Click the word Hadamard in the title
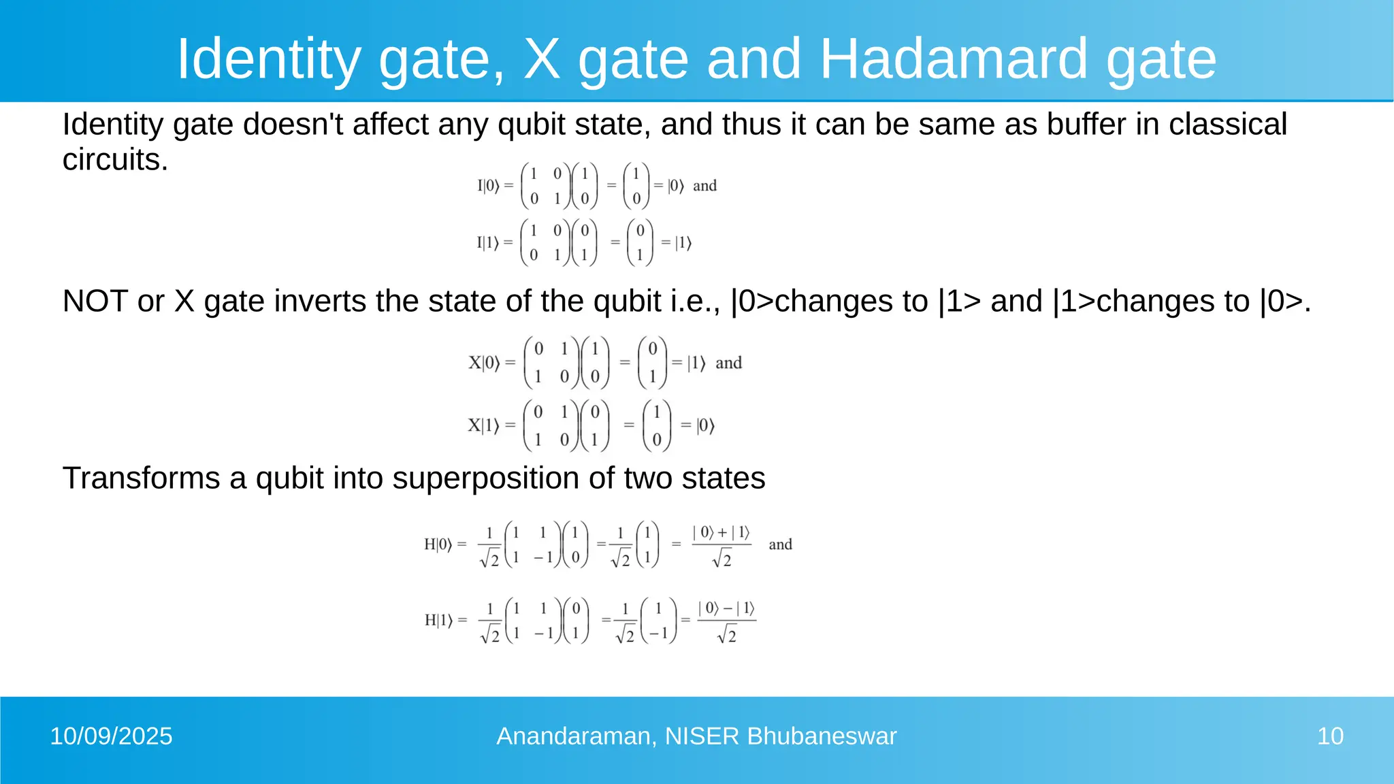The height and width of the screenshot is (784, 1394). click(953, 59)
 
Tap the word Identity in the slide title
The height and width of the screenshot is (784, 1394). click(268, 59)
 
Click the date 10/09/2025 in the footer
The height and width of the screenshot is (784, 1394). click(111, 736)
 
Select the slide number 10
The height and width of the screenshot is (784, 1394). click(1330, 736)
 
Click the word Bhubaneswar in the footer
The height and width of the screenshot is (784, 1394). click(822, 736)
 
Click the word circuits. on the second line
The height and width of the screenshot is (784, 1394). click(115, 160)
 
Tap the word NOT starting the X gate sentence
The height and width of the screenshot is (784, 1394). click(95, 301)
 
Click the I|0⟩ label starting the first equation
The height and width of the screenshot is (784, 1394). click(488, 186)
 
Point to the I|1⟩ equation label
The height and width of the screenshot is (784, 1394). click(488, 242)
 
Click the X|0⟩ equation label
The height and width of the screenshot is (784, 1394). click(484, 363)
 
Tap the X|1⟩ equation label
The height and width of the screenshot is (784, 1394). click(483, 426)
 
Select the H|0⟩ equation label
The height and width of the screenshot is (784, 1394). click(438, 544)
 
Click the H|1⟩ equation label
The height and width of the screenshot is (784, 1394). click(438, 620)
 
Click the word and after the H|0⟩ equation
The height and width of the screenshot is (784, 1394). click(780, 544)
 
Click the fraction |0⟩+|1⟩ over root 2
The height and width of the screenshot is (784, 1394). click(722, 546)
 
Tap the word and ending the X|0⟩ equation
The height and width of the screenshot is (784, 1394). click(728, 363)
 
